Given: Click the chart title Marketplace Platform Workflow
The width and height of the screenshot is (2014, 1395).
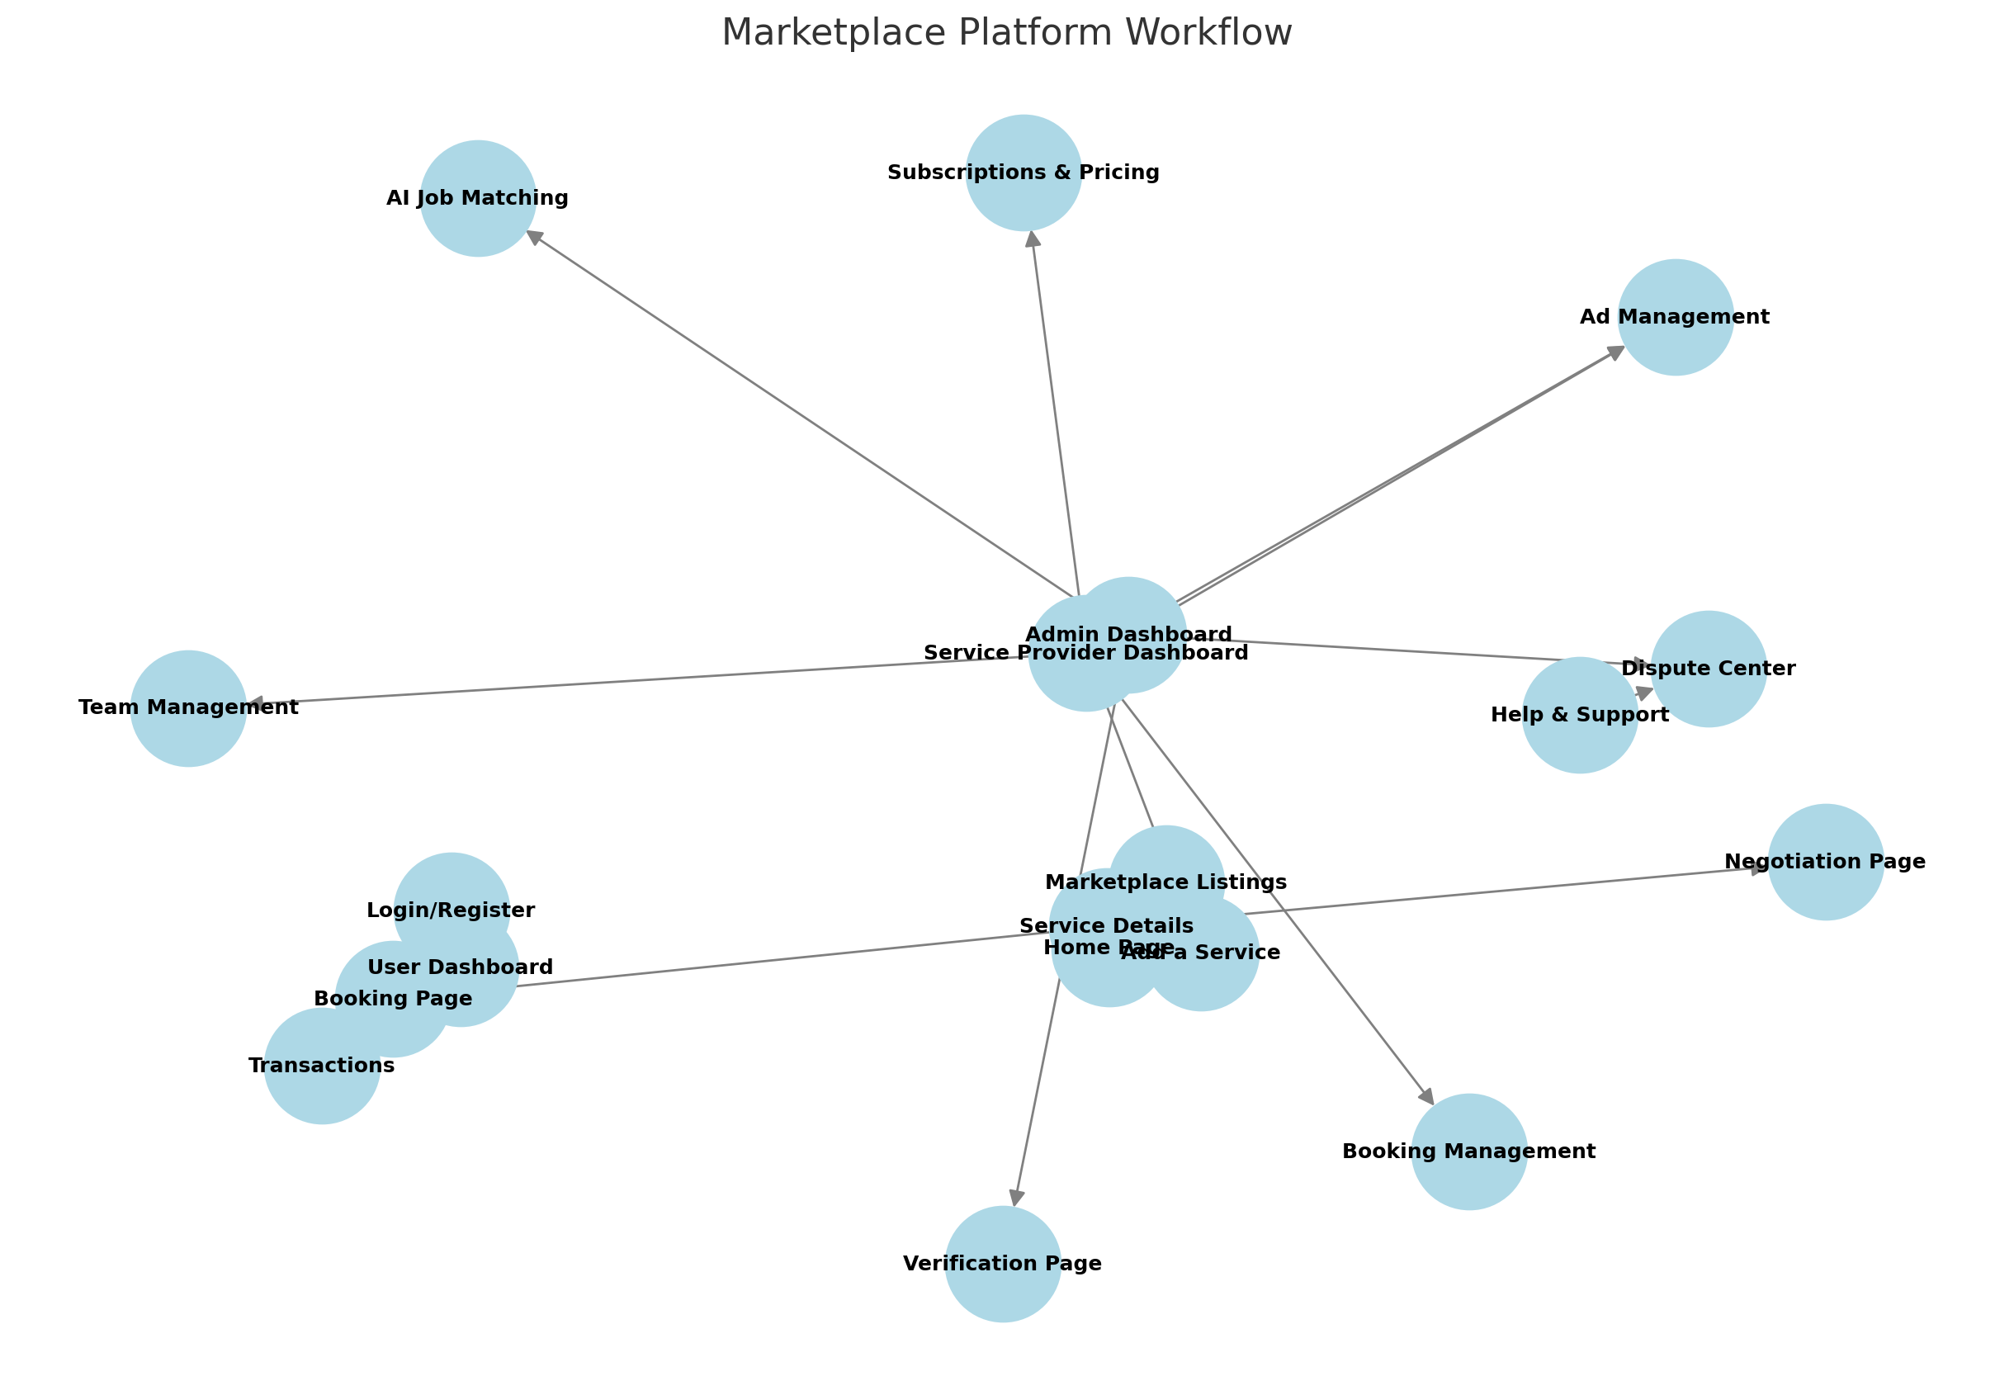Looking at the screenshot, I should (x=1005, y=33).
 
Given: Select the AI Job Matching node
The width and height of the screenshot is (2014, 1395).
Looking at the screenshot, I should (x=477, y=198).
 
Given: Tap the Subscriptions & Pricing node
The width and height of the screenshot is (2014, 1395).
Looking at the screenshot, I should (x=1024, y=173).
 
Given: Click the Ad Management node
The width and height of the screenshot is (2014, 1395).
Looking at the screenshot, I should (x=1674, y=317).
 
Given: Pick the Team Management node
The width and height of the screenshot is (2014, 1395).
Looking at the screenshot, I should (x=188, y=708).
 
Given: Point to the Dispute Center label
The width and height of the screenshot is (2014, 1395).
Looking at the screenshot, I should (x=1709, y=669).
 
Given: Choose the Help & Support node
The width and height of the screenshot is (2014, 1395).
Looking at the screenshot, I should (x=1579, y=715).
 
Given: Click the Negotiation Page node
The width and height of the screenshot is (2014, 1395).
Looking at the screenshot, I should (x=1825, y=862).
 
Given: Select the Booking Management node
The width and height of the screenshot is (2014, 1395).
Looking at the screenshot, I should (x=1468, y=1152).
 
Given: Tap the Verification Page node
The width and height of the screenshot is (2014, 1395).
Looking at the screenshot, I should (x=1002, y=1264).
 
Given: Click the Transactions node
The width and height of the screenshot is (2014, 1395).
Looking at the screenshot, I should (x=322, y=1066).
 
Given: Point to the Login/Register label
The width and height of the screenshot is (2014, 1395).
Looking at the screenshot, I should (x=450, y=910).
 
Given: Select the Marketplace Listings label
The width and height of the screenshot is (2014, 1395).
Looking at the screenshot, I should (x=1165, y=882).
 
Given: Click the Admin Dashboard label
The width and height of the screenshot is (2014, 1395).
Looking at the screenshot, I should (x=1128, y=635).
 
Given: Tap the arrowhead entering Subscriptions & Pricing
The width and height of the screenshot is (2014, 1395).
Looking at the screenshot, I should (x=1032, y=239).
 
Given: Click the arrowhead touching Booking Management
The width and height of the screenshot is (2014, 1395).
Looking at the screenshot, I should (x=1427, y=1097).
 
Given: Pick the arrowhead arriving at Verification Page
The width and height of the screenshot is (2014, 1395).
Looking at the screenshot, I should (x=1015, y=1199).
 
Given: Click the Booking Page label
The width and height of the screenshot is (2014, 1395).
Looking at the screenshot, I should (x=392, y=999).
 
